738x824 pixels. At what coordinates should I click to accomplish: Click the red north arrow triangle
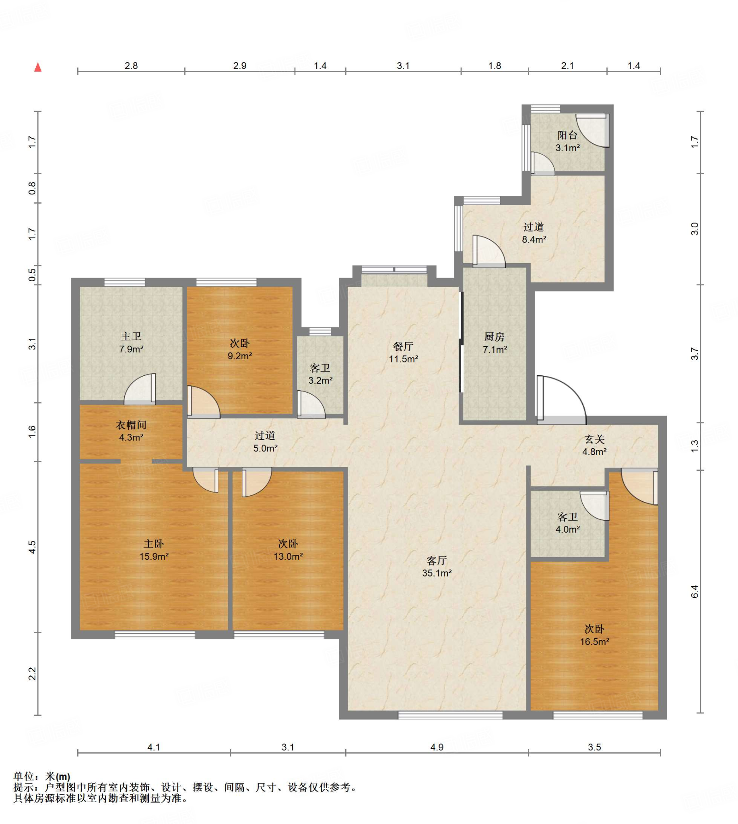pos(38,67)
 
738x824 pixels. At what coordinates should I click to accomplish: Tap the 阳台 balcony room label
pos(567,136)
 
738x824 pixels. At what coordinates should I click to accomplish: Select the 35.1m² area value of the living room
pos(437,573)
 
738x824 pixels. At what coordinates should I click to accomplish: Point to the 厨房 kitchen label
pos(494,337)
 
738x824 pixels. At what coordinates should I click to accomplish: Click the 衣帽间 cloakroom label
pos(131,425)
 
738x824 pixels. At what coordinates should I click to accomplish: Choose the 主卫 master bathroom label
pos(131,336)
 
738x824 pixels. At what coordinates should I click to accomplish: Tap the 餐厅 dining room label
pos(403,346)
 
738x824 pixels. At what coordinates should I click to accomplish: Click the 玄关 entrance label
pos(595,439)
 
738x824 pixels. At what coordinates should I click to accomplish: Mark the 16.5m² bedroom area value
pos(594,642)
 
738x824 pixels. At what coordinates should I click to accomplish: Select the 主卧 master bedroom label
pos(154,544)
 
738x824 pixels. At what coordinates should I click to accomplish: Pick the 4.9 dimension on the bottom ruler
pos(437,747)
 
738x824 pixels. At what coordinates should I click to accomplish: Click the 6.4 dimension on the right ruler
pos(695,591)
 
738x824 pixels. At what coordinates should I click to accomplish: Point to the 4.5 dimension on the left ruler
pos(32,547)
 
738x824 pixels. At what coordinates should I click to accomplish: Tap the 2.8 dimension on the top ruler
pos(131,66)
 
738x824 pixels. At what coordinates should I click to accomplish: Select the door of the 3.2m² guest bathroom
pos(311,404)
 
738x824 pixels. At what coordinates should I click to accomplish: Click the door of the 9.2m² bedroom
pos(204,402)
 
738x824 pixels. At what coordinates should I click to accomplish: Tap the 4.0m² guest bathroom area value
pos(567,529)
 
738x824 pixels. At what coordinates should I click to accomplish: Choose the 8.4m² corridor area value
pos(534,240)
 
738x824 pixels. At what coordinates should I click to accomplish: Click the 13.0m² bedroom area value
pos(288,556)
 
